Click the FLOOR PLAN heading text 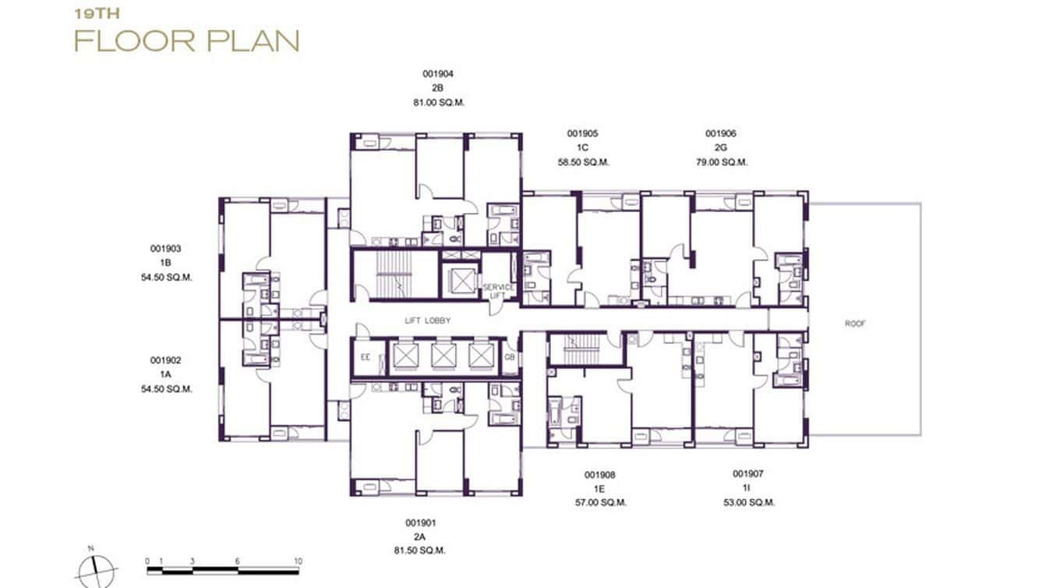click(186, 41)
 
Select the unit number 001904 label click(437, 74)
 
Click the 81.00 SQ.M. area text click(438, 102)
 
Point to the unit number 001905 click(582, 133)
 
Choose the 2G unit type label click(720, 148)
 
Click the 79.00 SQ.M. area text click(721, 162)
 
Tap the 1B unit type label click(165, 263)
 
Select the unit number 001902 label click(165, 360)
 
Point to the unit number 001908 click(600, 474)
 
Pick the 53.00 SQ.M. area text click(748, 503)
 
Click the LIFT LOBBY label click(427, 321)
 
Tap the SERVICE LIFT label click(498, 291)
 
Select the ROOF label click(855, 323)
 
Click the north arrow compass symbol click(95, 569)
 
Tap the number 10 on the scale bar click(297, 561)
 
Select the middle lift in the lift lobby click(444, 356)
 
